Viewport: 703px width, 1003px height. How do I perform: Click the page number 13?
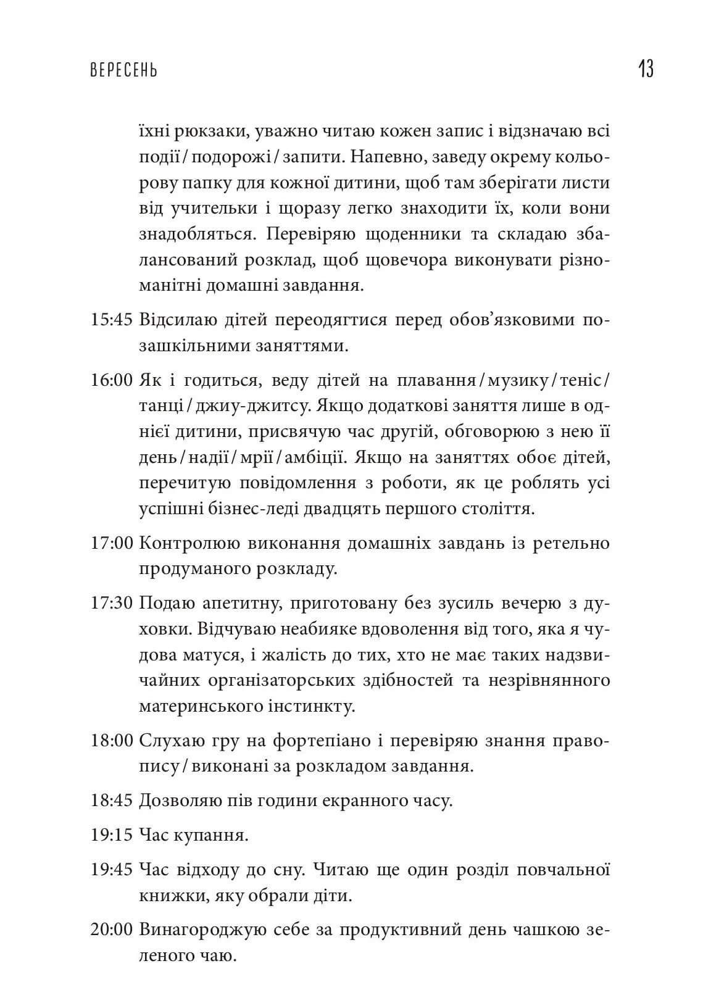(x=646, y=69)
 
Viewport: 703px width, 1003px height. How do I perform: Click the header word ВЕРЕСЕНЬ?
(x=124, y=70)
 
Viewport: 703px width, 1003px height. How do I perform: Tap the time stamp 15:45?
(x=112, y=321)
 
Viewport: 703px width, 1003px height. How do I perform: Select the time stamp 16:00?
(x=112, y=380)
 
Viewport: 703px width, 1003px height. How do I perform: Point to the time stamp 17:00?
(x=112, y=543)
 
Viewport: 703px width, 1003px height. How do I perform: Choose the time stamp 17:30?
(x=112, y=602)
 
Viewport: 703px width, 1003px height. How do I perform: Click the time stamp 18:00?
(x=112, y=741)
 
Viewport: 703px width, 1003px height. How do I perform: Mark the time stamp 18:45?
(x=112, y=801)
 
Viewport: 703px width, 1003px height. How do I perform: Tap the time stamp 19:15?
(x=112, y=836)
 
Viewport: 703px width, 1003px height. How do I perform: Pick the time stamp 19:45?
(x=112, y=870)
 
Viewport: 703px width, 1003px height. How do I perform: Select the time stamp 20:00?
(x=112, y=930)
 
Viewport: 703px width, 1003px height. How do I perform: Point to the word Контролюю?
(x=192, y=543)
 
